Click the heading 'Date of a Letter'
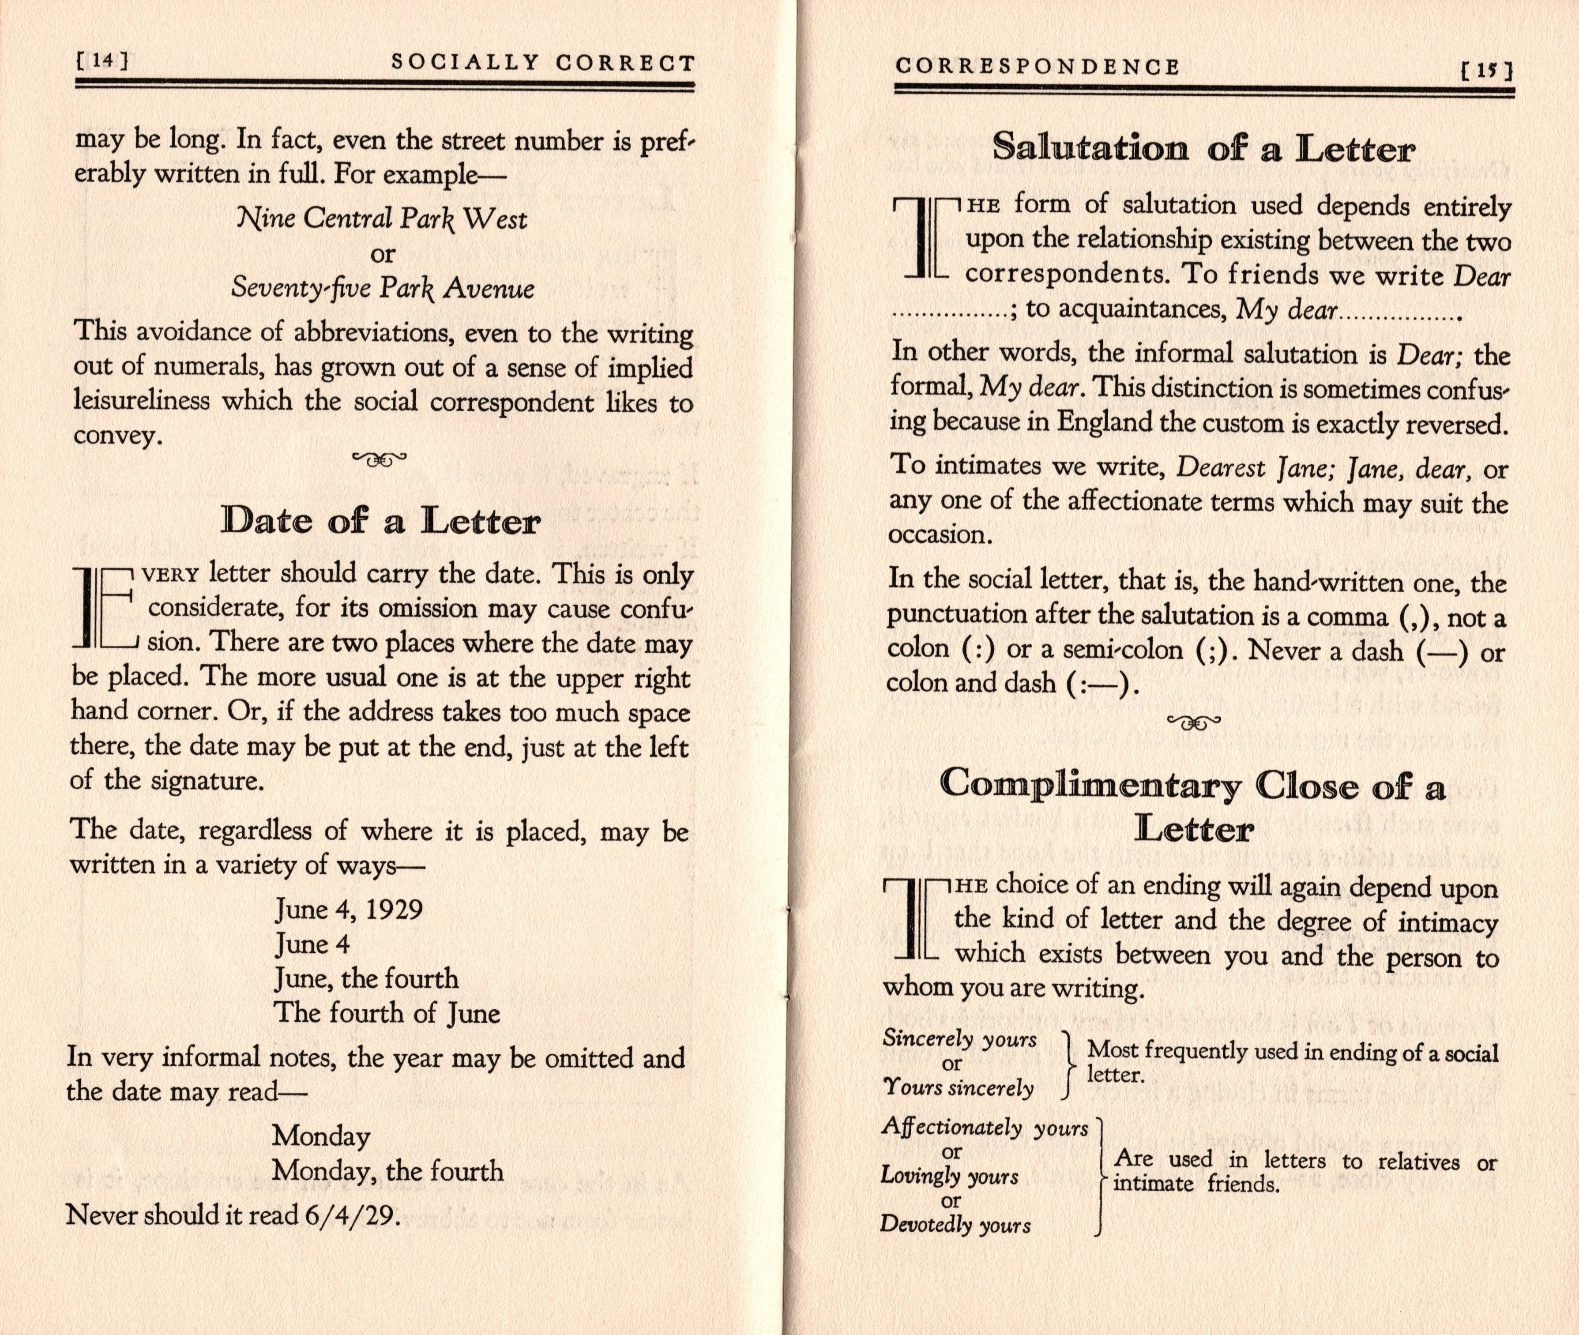click(x=380, y=521)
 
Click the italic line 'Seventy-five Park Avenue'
click(x=382, y=288)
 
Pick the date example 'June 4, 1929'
click(x=349, y=909)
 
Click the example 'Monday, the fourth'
click(x=387, y=1171)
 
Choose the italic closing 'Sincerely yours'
click(x=959, y=1039)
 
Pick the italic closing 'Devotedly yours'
click(x=955, y=1225)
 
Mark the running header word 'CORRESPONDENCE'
click(x=1037, y=68)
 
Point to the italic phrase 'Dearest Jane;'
click(x=1220, y=468)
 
